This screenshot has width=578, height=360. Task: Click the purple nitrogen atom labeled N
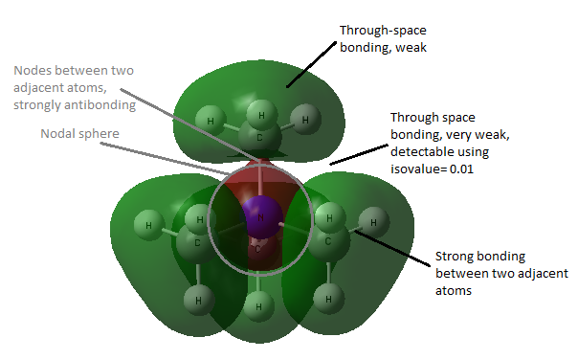pos(261,217)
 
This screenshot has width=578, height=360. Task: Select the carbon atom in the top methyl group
pos(259,137)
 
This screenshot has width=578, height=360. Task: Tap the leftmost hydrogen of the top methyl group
pos(211,121)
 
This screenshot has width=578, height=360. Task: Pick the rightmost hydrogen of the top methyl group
pos(305,120)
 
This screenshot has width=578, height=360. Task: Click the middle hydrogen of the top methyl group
pos(261,115)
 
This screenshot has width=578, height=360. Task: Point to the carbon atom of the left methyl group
pos(196,243)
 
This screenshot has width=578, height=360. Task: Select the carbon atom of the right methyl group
pos(328,241)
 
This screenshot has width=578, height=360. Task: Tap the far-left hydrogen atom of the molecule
pos(149,225)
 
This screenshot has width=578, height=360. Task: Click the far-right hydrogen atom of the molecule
pos(374,222)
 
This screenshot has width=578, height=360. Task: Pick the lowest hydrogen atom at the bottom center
pos(258,306)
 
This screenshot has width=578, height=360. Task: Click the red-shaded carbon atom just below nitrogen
pos(258,250)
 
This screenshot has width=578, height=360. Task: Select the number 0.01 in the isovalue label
pos(461,169)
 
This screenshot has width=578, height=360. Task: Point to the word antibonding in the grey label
pos(100,105)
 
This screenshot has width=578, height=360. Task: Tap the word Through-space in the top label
pos(383,31)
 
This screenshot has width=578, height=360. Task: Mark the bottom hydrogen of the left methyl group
pos(199,301)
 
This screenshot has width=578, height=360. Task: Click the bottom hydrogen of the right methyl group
pos(328,299)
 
